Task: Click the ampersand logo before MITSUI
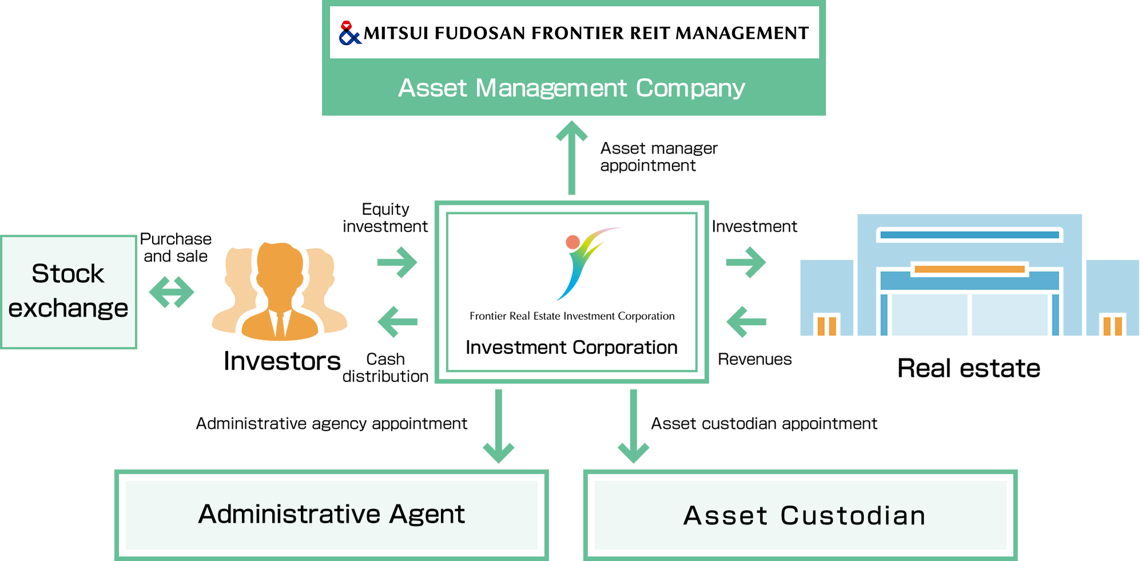click(349, 33)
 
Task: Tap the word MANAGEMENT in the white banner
click(742, 33)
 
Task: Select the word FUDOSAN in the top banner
click(479, 33)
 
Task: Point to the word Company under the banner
click(690, 88)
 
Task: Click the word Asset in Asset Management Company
click(432, 88)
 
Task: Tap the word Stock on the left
click(67, 274)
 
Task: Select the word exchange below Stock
click(67, 309)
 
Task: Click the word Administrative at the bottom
click(288, 514)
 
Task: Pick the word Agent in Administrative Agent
click(427, 514)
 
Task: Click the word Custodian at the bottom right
click(852, 516)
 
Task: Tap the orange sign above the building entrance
click(970, 268)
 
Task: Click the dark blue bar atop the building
click(970, 235)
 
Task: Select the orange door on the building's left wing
click(827, 326)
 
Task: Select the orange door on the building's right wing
click(1113, 326)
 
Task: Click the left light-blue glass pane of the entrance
click(929, 315)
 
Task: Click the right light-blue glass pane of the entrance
click(1010, 315)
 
